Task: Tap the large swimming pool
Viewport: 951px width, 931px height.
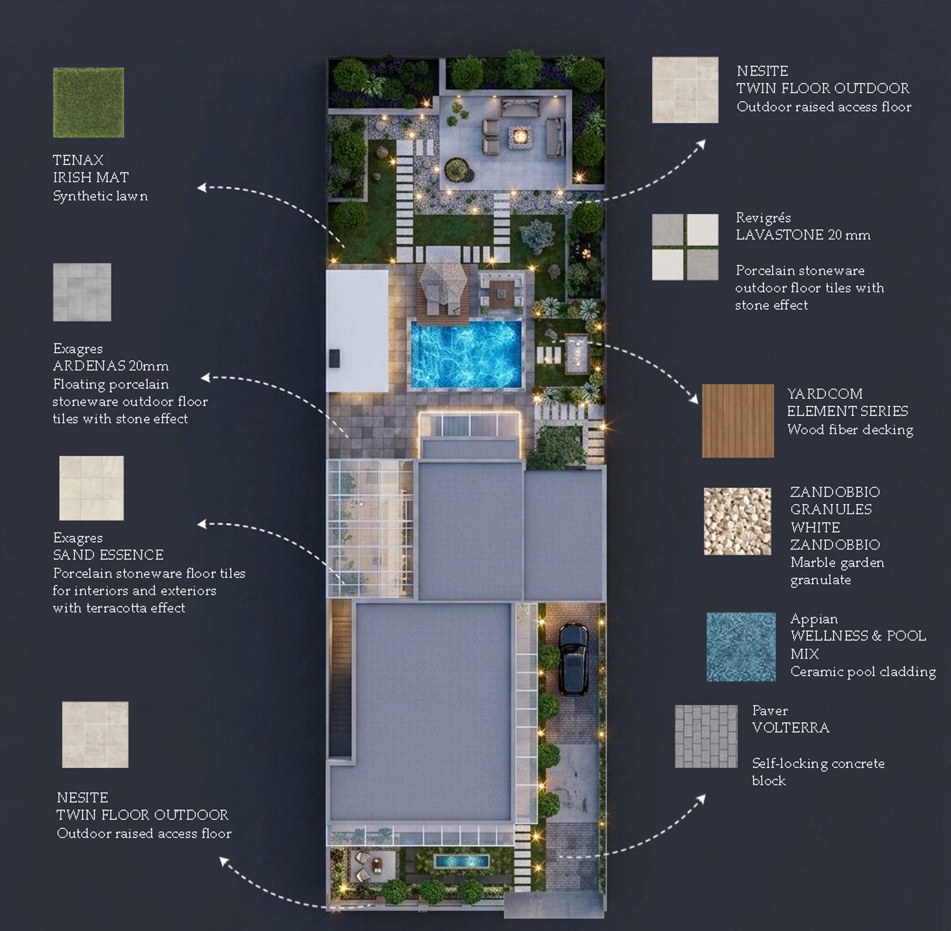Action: pos(467,354)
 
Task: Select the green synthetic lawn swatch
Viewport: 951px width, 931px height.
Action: pos(88,103)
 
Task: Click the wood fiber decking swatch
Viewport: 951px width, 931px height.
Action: pos(738,420)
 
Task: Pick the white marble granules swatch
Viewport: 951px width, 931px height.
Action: pos(737,521)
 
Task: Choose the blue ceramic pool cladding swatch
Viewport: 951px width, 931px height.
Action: pos(741,647)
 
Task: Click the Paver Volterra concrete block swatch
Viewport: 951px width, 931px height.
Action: pos(706,736)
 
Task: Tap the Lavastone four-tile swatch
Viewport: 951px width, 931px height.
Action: pos(685,247)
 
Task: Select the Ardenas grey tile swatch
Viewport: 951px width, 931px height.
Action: pos(82,292)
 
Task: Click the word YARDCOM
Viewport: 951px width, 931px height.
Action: pos(825,394)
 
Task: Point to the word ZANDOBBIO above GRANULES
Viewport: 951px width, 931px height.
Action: pos(835,492)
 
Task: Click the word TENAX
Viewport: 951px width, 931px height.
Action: pos(78,160)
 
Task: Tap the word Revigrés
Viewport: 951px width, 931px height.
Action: pos(763,218)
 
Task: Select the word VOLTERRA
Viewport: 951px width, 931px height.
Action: pos(791,728)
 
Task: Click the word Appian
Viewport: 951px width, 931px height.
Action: pos(814,619)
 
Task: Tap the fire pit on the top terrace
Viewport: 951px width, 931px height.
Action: pos(520,135)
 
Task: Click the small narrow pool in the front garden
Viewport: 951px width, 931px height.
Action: pos(462,861)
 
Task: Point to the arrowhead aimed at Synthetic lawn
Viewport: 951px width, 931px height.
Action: pos(202,187)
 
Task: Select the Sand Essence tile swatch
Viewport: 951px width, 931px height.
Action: pos(91,488)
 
